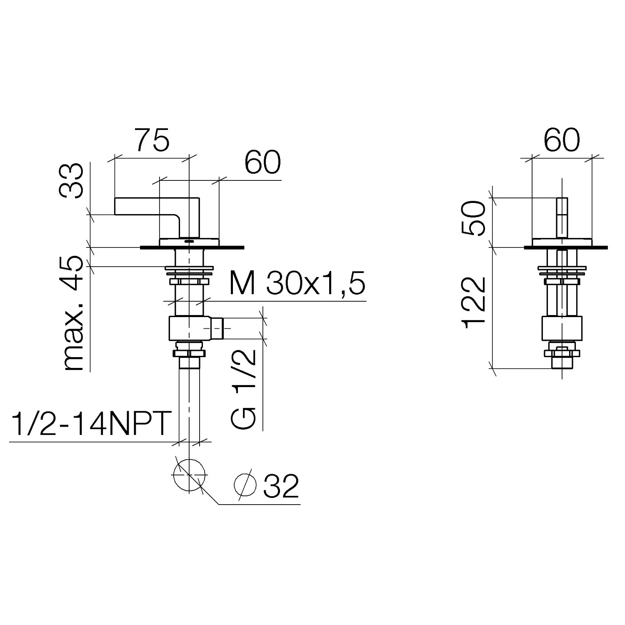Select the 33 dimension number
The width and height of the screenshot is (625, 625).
(x=71, y=181)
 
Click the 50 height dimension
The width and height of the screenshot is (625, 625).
(x=474, y=218)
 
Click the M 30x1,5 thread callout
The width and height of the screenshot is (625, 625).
(x=297, y=283)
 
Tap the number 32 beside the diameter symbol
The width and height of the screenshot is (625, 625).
(x=281, y=486)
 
